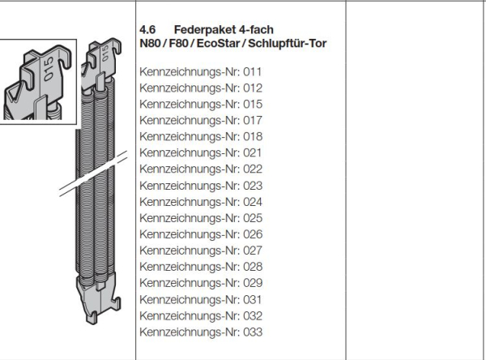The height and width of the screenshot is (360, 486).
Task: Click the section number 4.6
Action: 147,28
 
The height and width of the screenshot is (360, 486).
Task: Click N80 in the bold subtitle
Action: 151,42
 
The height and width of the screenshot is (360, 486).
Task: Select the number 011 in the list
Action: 253,71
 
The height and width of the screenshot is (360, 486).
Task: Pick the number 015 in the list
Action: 253,104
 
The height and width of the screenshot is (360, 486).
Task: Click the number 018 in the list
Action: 253,136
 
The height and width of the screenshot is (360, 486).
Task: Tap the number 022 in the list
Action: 253,169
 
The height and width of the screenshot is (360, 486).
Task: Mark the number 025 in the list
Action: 253,218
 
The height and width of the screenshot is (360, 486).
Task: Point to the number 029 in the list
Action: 253,283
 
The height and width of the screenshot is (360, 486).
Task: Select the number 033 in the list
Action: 253,332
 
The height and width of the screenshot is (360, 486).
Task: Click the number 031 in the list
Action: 253,299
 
